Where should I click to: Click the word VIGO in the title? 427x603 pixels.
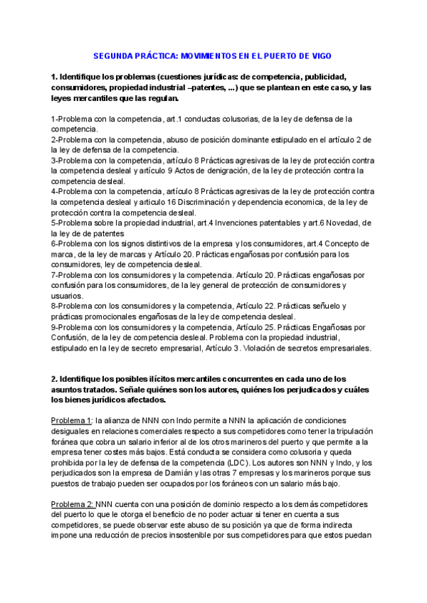[x=319, y=55]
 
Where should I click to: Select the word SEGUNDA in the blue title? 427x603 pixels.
[x=115, y=55]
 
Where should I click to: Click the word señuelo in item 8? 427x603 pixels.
[x=344, y=306]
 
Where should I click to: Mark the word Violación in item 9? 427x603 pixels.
[x=264, y=348]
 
